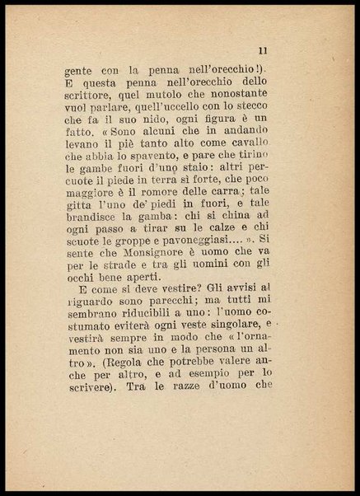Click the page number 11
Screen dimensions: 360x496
tap(262, 52)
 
